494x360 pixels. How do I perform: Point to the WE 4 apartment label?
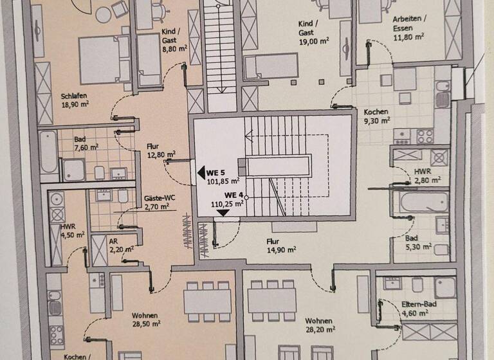coord(233,195)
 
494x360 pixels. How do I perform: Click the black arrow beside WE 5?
coord(200,172)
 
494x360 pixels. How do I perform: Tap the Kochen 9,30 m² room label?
coord(376,111)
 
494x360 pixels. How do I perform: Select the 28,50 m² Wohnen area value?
coord(147,325)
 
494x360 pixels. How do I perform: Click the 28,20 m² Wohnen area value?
coord(320,330)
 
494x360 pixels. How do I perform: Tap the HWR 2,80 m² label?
coord(423,173)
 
